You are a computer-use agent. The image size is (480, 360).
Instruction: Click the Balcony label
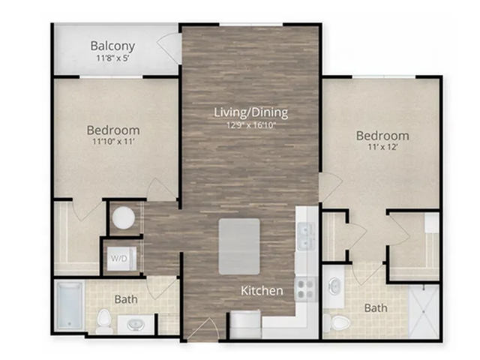112,46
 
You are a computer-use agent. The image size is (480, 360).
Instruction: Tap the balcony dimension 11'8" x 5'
113,58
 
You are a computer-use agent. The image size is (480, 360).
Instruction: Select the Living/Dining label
251,112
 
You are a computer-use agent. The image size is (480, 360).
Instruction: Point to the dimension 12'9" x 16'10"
251,125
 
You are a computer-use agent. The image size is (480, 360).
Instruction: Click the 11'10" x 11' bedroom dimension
113,142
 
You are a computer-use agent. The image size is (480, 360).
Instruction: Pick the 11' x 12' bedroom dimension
382,147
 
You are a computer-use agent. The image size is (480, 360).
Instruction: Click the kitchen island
239,247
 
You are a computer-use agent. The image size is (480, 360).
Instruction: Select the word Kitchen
262,290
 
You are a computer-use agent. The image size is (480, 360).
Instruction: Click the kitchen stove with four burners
306,289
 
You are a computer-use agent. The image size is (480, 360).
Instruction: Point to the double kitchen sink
306,237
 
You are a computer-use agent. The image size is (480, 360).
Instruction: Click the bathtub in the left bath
70,306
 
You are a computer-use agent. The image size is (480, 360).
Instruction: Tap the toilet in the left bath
103,322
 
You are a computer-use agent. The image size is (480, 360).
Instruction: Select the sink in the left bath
136,324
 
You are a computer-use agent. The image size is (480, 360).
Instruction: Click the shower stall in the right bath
424,311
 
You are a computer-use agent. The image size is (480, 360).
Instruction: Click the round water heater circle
123,217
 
